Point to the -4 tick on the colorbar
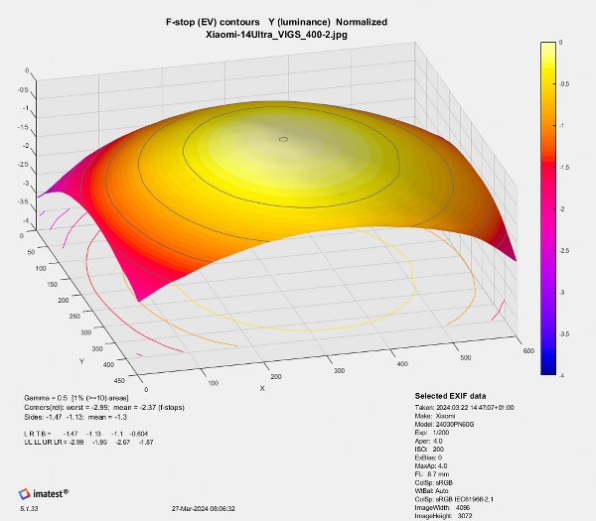[561, 374]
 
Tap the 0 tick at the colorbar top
[561, 43]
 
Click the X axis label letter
[261, 387]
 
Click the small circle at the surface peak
[284, 139]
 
